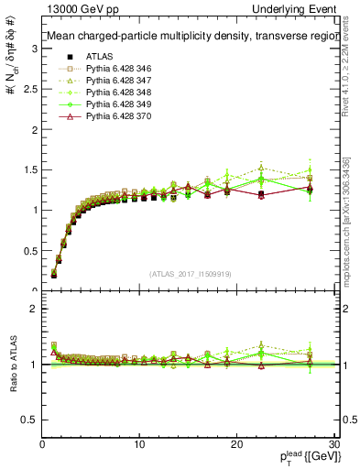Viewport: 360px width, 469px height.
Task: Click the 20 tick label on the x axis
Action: [236, 443]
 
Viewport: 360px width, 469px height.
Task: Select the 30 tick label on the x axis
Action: [333, 443]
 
